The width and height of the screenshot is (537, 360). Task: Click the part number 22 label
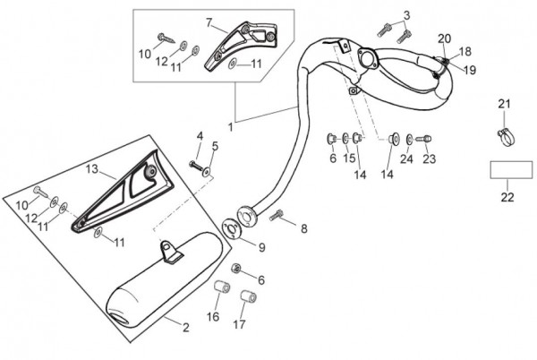point(507,197)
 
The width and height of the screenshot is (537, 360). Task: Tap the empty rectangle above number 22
point(507,169)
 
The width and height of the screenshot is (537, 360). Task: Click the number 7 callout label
point(209,21)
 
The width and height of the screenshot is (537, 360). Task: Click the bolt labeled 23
point(425,139)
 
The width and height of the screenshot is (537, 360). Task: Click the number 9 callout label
point(261,247)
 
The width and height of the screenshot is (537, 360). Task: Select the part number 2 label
point(186,328)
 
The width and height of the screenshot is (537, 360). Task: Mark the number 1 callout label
point(230,127)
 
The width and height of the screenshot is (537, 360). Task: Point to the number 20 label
point(445,38)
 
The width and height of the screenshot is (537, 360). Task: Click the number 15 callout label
point(350,159)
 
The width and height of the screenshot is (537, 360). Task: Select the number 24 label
point(406,159)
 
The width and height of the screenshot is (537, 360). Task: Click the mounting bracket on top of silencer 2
point(170,252)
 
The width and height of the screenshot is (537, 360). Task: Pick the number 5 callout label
point(215,146)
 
